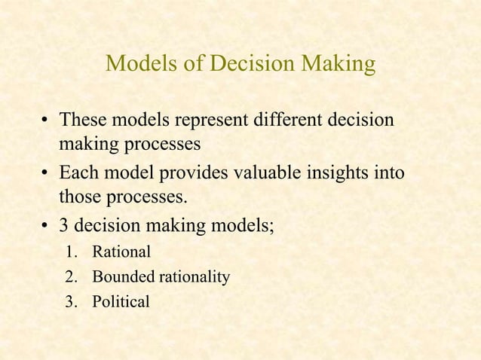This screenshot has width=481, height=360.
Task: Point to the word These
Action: coord(82,121)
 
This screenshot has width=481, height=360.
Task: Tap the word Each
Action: coord(78,175)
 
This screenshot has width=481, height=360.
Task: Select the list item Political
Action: coord(121,303)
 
